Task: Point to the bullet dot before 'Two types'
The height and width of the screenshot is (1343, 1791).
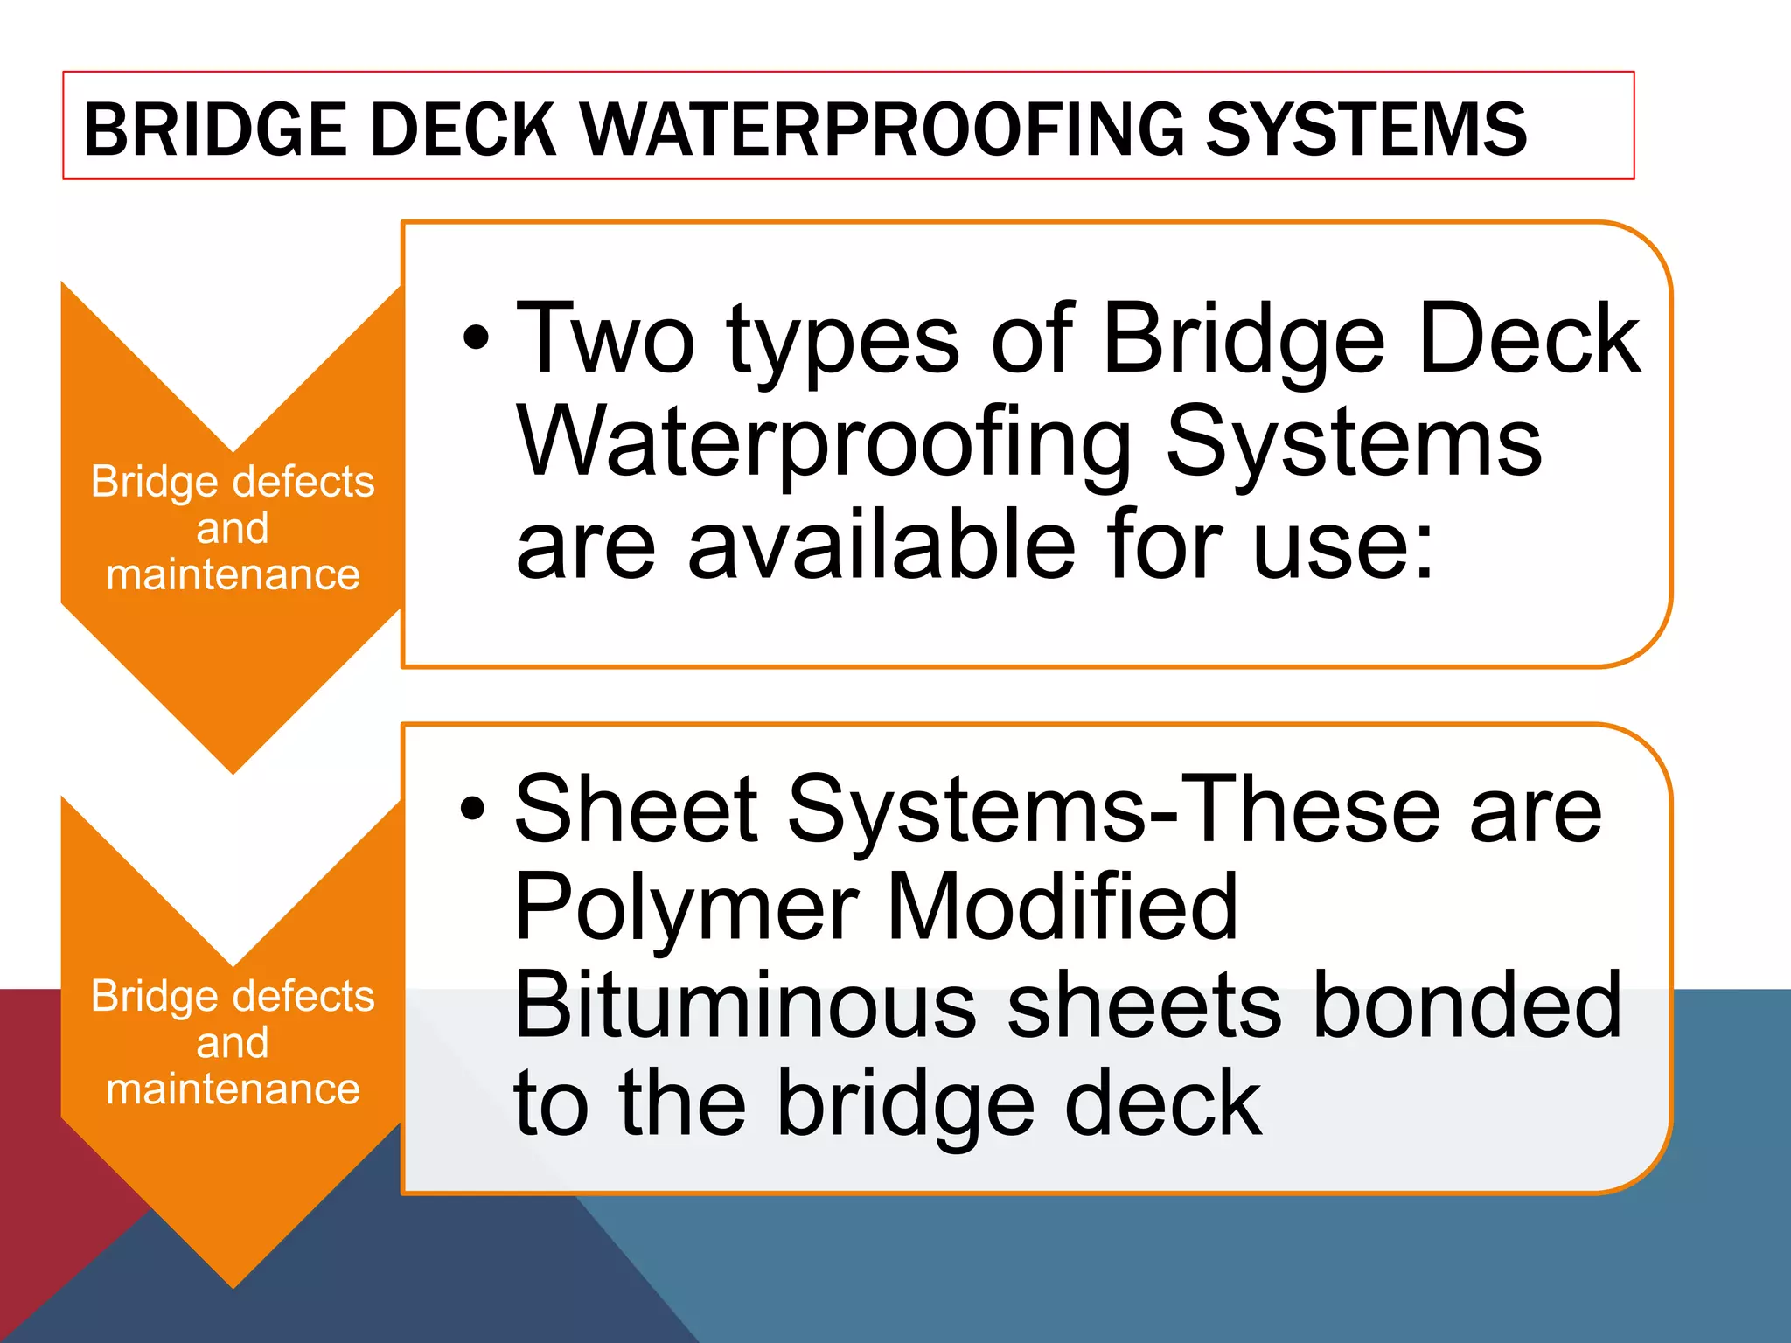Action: click(x=476, y=338)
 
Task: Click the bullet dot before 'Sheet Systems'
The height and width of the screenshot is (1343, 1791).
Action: click(x=472, y=809)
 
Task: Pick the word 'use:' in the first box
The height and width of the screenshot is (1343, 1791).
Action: click(x=1344, y=546)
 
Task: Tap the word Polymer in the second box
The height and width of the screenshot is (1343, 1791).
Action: click(x=686, y=909)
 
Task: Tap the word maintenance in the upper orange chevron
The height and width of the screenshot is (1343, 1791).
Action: click(x=233, y=575)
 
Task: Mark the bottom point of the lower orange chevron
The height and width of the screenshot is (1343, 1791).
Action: click(x=233, y=1285)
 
